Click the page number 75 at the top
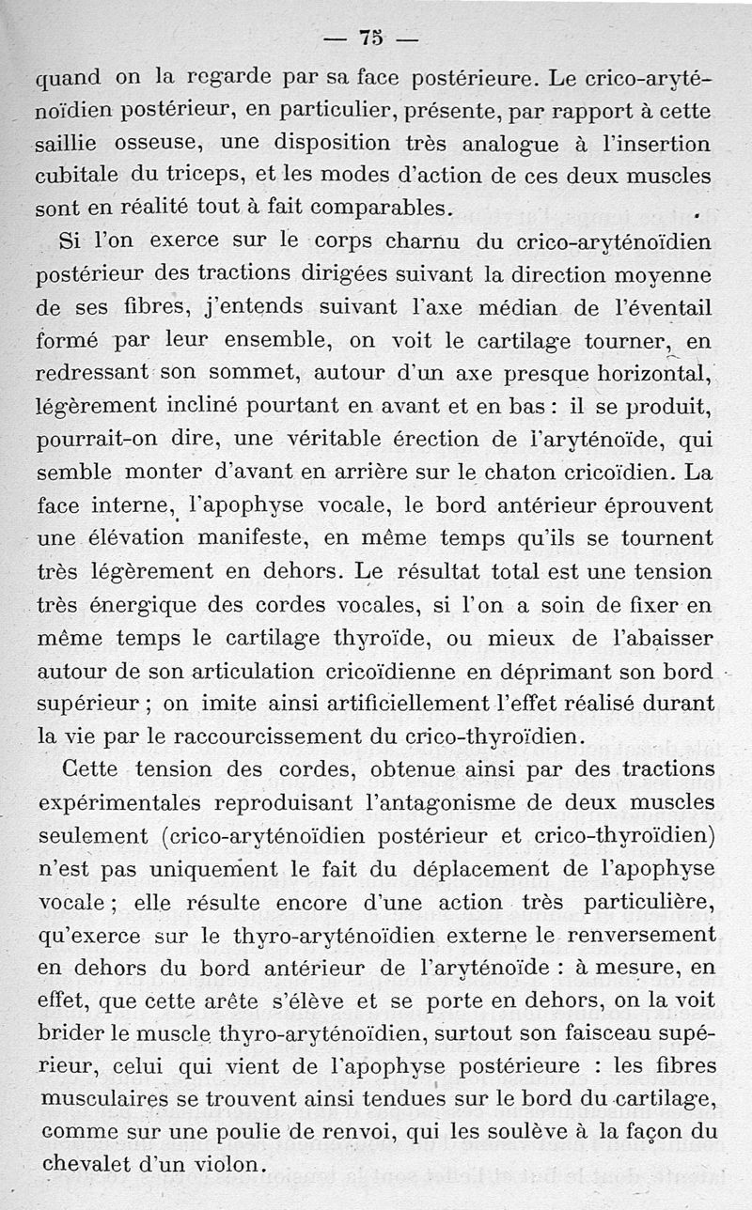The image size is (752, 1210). [x=370, y=39]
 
